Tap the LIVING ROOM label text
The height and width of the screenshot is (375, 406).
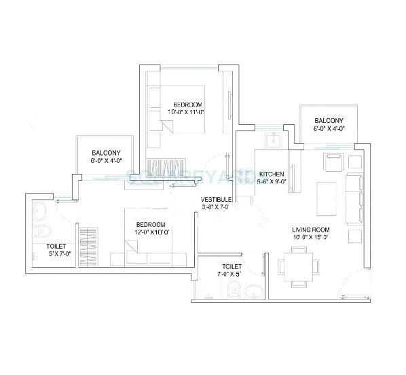[312, 229]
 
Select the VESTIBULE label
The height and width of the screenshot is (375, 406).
[217, 199]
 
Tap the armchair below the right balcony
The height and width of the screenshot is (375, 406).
[333, 164]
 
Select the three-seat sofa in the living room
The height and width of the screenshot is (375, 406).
[353, 198]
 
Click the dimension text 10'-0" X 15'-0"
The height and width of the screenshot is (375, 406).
[312, 238]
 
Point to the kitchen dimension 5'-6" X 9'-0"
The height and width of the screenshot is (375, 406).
[272, 181]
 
